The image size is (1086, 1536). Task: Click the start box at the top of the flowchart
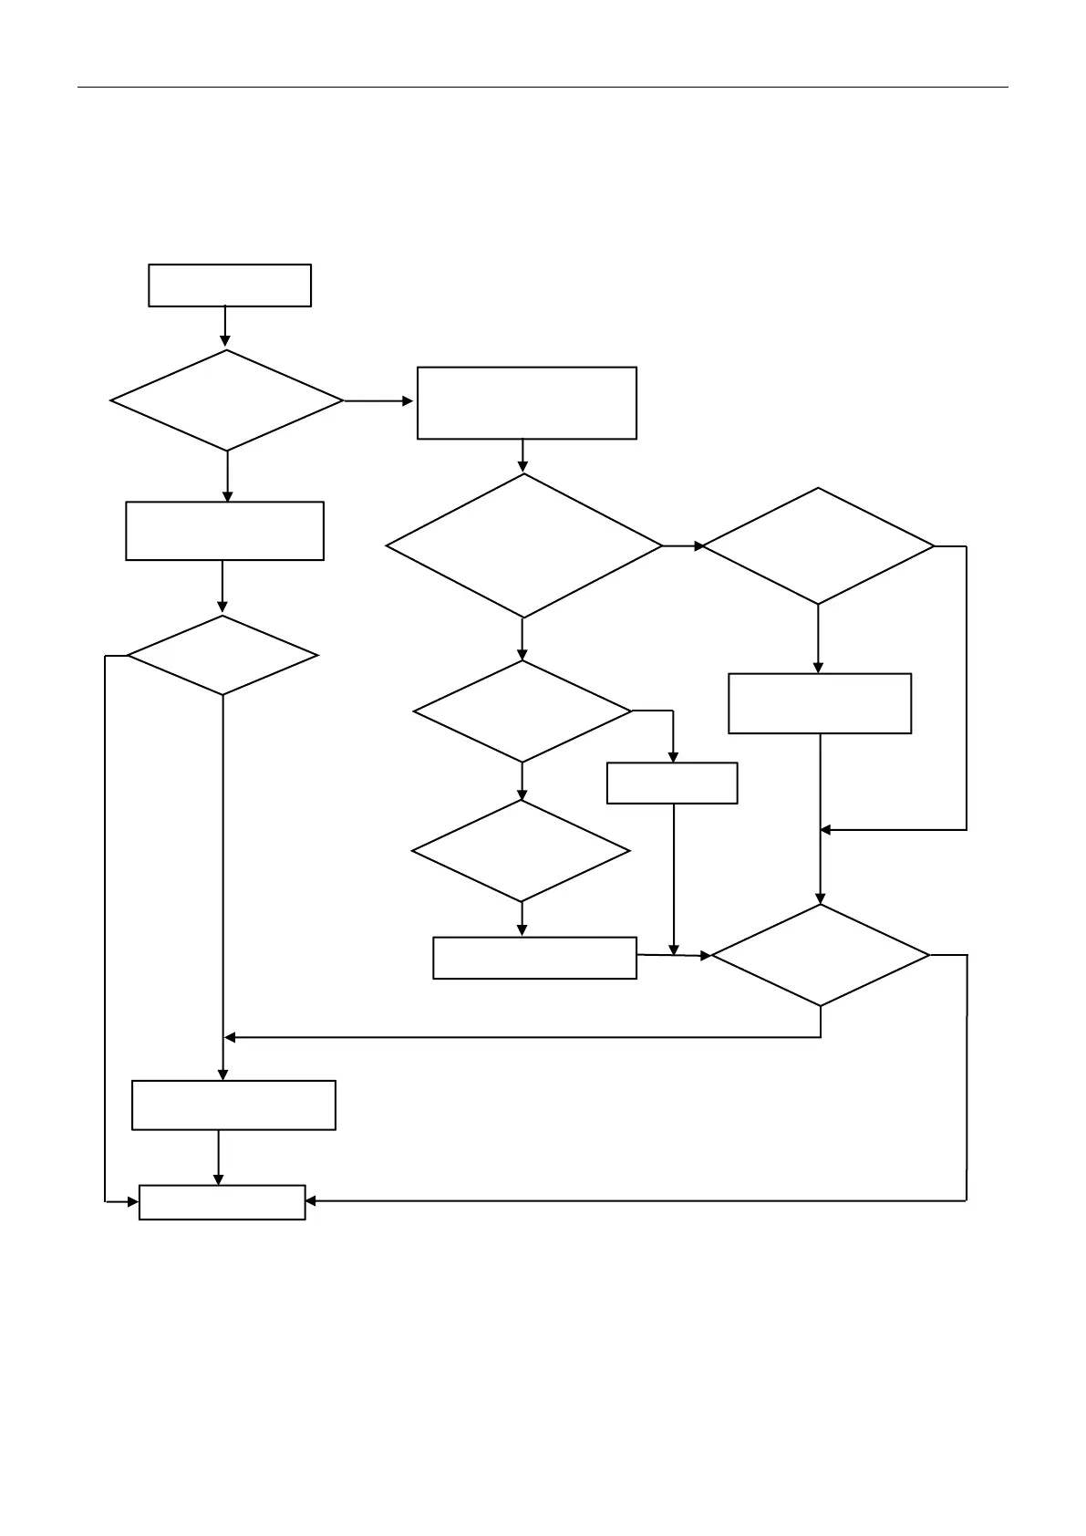click(230, 285)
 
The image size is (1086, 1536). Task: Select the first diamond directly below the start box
click(227, 400)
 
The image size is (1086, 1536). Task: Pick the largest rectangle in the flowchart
click(526, 403)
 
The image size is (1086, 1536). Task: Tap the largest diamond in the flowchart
click(524, 546)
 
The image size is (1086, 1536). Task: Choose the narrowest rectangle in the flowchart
click(672, 784)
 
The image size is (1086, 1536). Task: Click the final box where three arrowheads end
click(222, 1202)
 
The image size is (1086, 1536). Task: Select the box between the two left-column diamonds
click(224, 531)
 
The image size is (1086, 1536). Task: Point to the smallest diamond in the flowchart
click(222, 656)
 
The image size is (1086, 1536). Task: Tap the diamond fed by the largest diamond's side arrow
click(818, 546)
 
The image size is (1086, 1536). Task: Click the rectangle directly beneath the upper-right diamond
click(820, 703)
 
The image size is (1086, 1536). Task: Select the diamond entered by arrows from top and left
click(820, 955)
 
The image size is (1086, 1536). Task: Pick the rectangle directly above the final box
click(233, 1105)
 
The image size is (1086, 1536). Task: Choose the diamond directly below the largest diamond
click(522, 711)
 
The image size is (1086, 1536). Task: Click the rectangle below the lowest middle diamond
click(534, 958)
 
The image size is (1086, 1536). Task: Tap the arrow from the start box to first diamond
click(225, 327)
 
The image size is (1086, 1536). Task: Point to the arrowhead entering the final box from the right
click(311, 1201)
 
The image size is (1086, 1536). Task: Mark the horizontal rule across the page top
click(543, 88)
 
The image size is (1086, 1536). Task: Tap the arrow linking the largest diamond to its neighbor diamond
click(683, 546)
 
